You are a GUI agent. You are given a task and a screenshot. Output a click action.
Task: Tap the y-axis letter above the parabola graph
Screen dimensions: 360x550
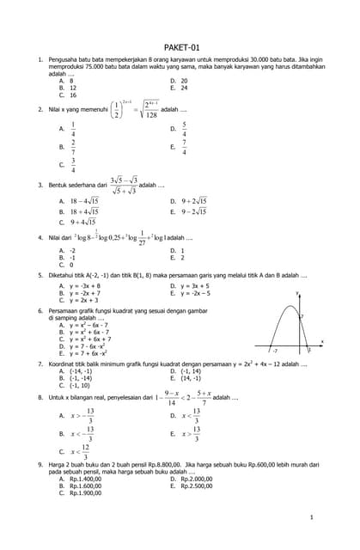[x=297, y=294]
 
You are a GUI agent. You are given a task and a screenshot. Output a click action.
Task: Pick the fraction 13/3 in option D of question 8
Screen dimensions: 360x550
[x=197, y=415]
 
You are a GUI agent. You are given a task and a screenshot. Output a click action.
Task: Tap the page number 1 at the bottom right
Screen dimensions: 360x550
[x=310, y=518]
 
